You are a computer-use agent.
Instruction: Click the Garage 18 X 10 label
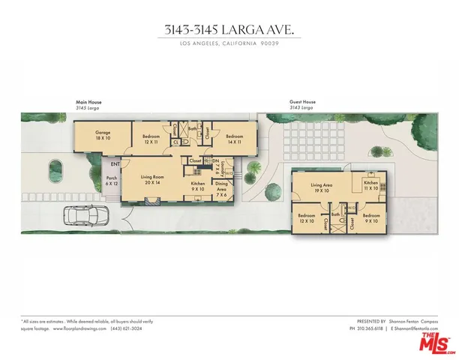pos(103,136)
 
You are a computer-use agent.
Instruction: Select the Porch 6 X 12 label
pos(112,181)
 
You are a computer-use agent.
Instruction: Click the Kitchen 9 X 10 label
pos(198,187)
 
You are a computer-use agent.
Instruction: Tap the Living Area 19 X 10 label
pos(322,187)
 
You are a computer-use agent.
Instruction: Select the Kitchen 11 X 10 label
pos(371,185)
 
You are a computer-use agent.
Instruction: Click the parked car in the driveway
pos(88,217)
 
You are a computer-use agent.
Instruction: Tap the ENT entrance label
pos(115,163)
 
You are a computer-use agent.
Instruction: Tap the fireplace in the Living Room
pos(153,200)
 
